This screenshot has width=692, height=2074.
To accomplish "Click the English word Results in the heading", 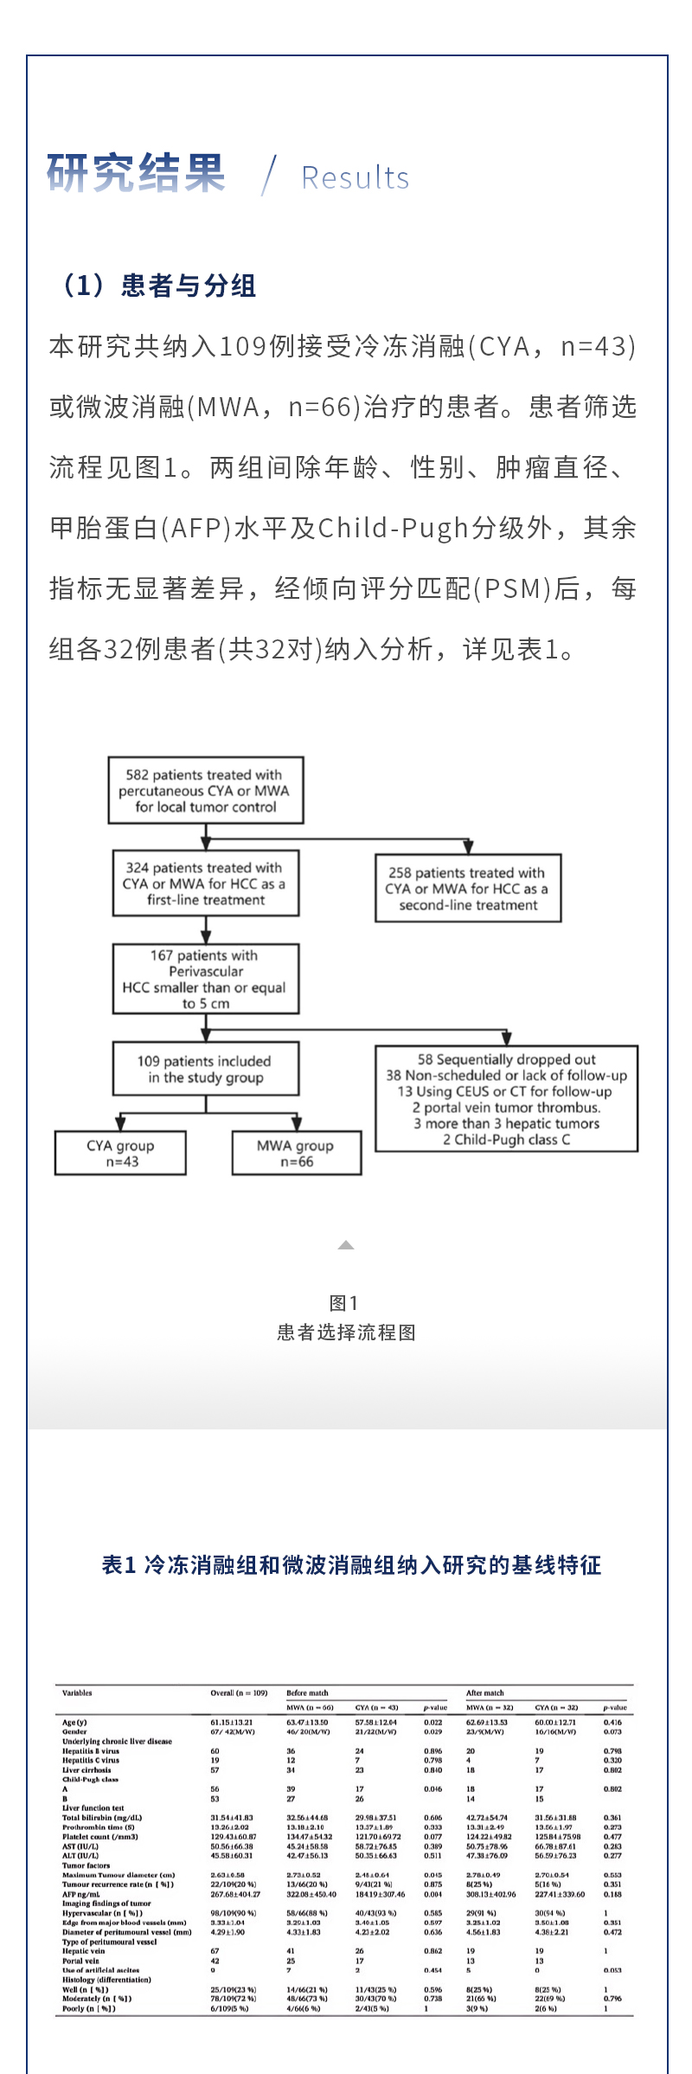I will point(355,177).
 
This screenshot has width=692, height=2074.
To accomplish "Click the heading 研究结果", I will point(136,172).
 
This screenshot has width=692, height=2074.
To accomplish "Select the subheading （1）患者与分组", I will point(156,286).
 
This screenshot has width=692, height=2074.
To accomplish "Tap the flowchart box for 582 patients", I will point(206,790).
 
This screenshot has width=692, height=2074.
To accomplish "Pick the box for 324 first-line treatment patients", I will point(206,883).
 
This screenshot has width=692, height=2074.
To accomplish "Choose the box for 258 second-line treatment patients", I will point(468,889).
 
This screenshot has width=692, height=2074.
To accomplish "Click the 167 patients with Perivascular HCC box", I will point(206,979).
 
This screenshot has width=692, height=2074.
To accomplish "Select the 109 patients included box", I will point(206,1069).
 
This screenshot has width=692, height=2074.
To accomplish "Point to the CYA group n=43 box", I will point(120,1153).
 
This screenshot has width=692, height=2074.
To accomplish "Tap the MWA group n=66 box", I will point(296,1153).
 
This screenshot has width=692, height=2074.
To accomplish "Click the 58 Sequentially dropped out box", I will point(506,1099).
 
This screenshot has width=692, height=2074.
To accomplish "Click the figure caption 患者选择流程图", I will point(346,1332).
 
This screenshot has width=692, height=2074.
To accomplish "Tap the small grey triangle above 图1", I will point(346,1245).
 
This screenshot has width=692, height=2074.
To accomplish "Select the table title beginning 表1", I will point(351,1564).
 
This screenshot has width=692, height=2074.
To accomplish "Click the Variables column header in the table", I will point(77,1692).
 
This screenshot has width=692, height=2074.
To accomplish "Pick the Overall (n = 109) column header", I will point(239,1692).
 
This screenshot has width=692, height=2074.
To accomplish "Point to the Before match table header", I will point(307,1692).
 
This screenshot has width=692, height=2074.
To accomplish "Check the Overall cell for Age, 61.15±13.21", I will point(232,1722).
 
